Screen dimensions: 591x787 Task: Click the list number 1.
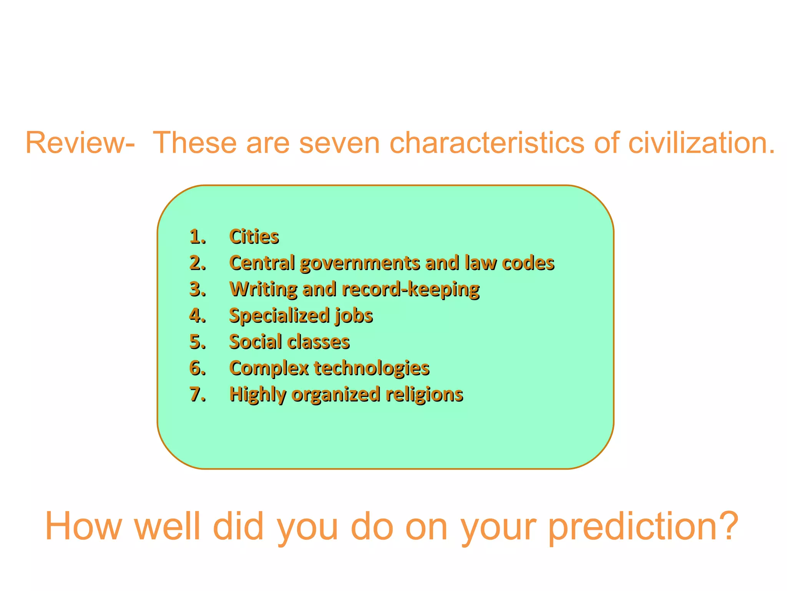(198, 237)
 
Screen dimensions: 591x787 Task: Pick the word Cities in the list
(254, 237)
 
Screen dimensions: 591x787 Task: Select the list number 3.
(198, 289)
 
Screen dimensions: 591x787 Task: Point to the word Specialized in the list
(279, 316)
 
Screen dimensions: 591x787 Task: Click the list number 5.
(198, 342)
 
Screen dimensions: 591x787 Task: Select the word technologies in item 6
(371, 369)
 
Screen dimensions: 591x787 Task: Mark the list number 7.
(198, 395)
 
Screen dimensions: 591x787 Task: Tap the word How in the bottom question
(83, 526)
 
